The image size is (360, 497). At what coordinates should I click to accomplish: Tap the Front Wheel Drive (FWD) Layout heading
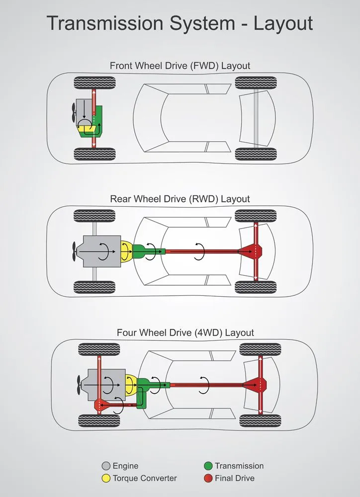point(180,66)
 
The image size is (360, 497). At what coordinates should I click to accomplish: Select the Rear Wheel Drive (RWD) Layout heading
point(180,199)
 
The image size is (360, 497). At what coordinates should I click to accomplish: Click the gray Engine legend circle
point(105,466)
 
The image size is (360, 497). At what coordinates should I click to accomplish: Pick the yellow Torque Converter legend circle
point(105,478)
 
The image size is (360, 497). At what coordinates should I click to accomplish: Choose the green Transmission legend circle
point(208,466)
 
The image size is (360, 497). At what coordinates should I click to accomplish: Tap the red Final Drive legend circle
point(208,478)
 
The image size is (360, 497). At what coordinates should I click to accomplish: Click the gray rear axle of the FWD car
point(256,119)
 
